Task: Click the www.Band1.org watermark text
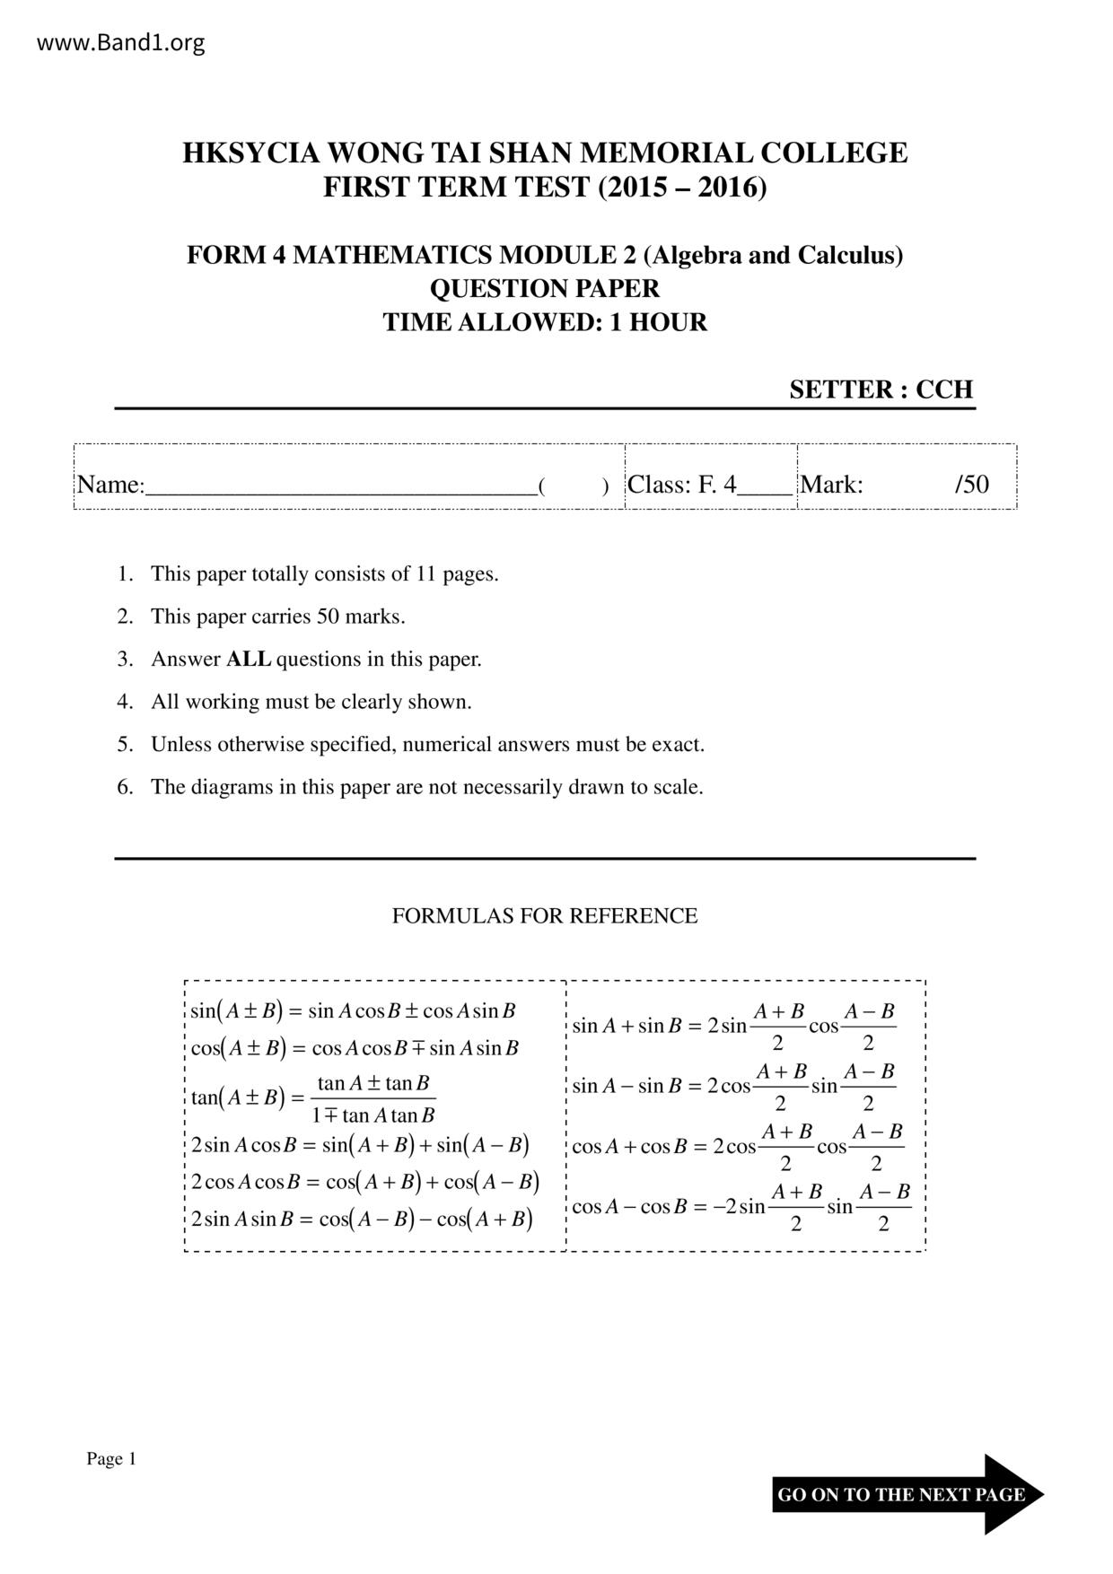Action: [120, 42]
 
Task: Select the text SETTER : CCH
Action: [881, 389]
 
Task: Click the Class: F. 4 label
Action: [681, 485]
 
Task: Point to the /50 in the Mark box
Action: [971, 485]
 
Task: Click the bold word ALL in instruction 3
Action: [249, 660]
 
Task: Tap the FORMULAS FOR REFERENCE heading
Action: [544, 916]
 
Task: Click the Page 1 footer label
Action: [110, 1459]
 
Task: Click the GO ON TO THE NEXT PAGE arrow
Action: [907, 1494]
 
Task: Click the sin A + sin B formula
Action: [733, 1026]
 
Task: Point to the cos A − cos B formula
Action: [741, 1207]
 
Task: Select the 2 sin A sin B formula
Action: [362, 1219]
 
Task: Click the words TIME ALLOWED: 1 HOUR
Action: [545, 322]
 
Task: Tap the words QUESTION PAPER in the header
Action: [545, 289]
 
